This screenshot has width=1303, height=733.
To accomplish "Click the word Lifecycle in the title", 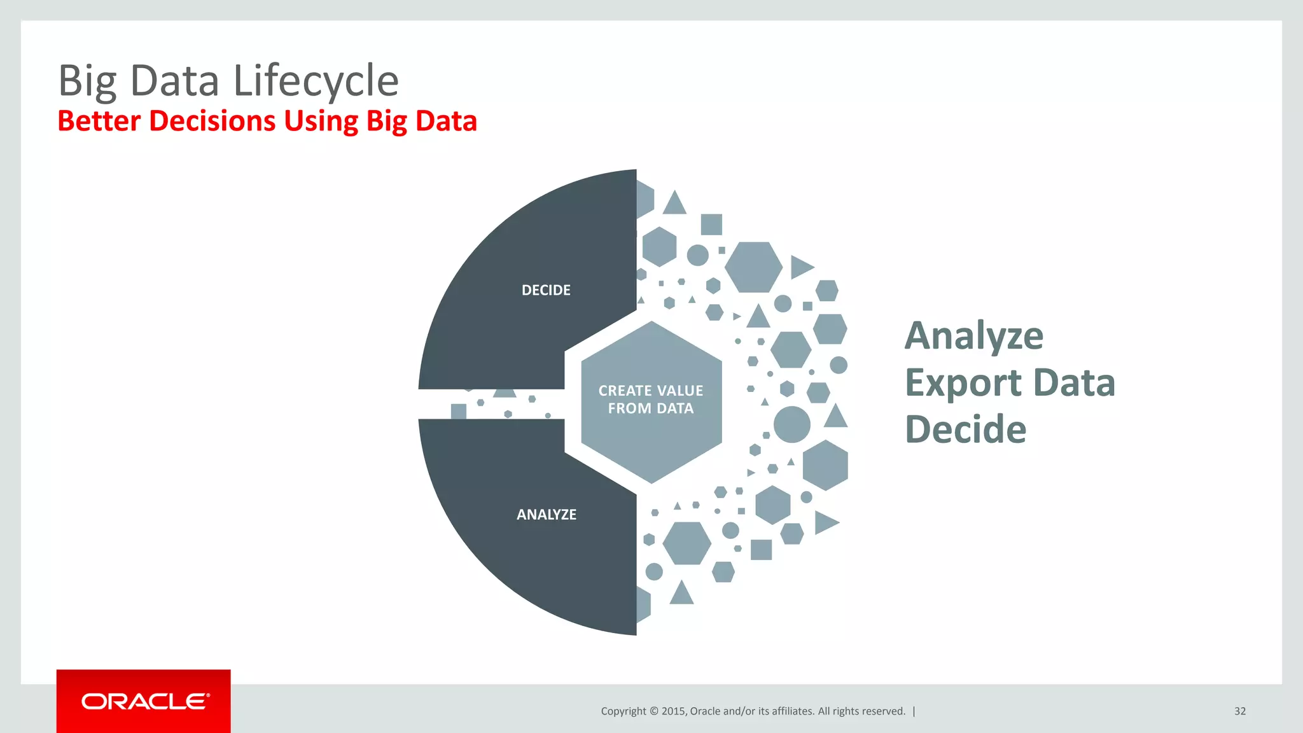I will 316,81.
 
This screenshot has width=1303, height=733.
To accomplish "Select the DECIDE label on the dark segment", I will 546,290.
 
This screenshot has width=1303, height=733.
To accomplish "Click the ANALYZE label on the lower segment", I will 547,515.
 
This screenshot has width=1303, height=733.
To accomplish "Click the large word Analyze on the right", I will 974,336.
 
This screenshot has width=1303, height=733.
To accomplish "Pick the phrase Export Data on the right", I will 1010,383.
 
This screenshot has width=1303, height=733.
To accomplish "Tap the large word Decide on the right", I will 965,429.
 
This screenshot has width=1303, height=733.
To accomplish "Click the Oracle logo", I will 144,702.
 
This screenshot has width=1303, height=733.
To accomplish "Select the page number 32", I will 1239,711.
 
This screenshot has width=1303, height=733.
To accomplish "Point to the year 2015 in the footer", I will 673,711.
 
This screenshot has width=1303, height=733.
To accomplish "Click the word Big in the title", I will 87,81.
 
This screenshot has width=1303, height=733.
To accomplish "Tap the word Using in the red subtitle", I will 321,121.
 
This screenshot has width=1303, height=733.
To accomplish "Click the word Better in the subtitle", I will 99,121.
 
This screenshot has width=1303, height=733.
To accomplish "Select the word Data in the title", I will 175,81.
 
